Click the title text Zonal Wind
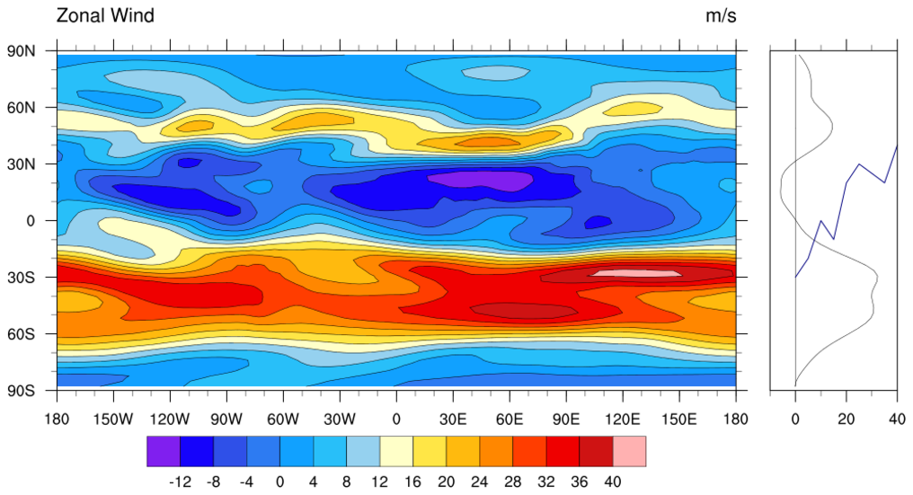105,15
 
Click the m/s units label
721,15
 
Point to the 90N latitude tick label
22,51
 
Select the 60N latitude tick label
22,108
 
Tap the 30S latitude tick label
22,278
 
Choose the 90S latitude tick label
22,391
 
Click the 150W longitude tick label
113,419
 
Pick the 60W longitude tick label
283,419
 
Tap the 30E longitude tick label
453,419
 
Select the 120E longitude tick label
623,419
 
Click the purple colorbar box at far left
164,452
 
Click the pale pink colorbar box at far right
629,452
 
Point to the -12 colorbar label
181,482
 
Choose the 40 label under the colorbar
613,482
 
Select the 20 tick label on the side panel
847,419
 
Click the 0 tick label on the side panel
796,419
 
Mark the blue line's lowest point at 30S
796,277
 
